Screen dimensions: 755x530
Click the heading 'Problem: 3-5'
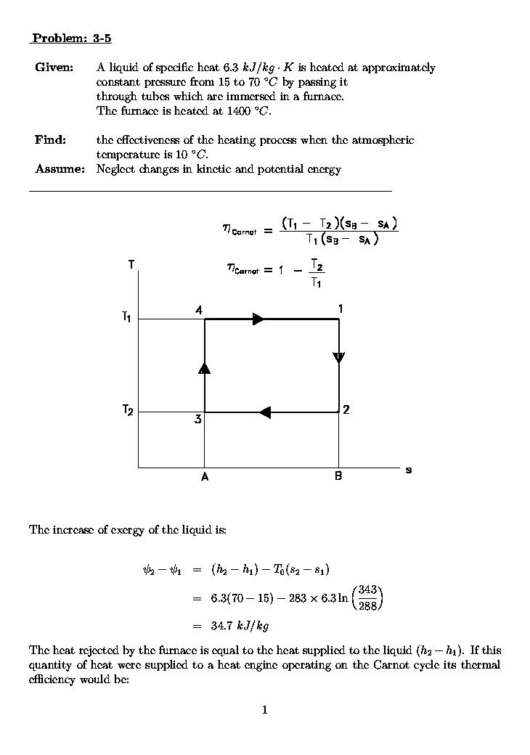coord(70,38)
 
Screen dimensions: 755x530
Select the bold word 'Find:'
coord(50,140)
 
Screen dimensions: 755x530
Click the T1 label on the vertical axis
coord(127,317)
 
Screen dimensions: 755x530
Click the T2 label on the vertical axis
coord(127,411)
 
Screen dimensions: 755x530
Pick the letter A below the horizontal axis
coord(205,477)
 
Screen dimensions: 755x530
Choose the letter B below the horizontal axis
coord(338,477)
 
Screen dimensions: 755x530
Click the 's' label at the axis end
coord(409,470)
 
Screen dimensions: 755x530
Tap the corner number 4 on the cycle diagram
coord(198,310)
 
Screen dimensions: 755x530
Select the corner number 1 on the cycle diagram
coord(340,309)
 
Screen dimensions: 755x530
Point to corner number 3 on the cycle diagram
coord(197,420)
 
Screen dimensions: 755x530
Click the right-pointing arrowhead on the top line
coord(258,319)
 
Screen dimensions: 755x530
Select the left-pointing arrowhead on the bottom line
coord(265,412)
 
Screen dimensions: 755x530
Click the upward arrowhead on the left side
coord(205,368)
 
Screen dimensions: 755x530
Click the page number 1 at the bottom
coord(265,710)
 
